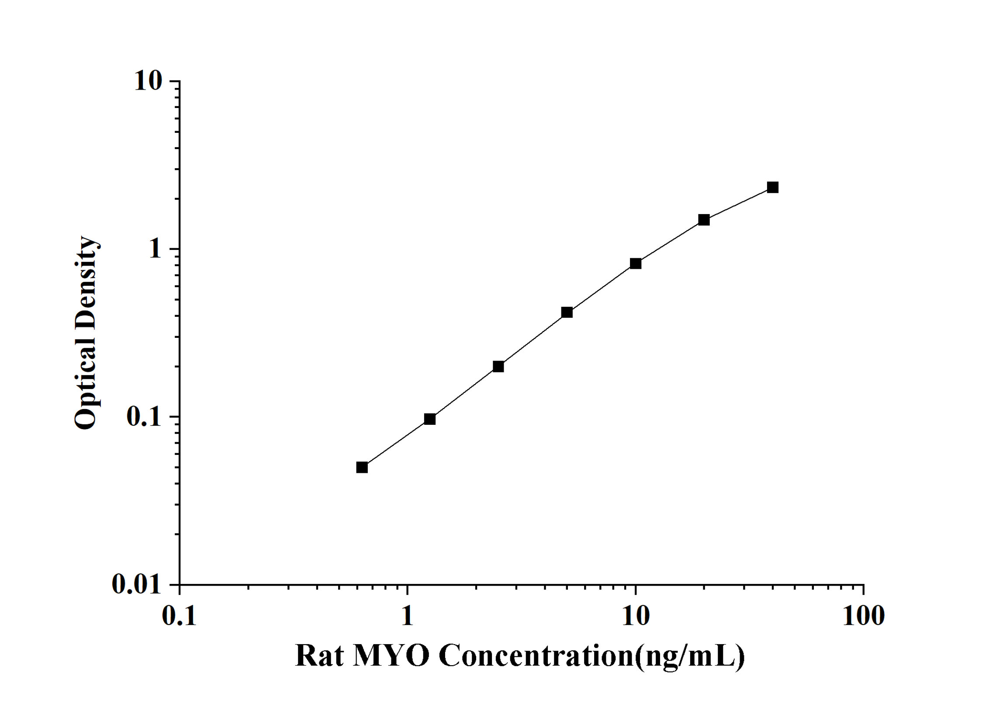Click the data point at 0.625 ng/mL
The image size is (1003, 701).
pos(362,468)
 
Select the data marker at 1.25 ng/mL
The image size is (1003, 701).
pos(430,419)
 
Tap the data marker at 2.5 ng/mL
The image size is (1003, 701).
pos(498,366)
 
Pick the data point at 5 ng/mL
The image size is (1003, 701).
pos(567,312)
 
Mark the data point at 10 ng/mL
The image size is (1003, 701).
pos(636,263)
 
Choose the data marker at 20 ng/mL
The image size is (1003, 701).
pos(704,220)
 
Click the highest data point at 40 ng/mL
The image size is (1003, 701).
pos(773,187)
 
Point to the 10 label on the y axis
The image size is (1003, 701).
pos(148,81)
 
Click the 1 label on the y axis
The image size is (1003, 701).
pos(155,250)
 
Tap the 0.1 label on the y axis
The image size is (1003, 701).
pos(144,417)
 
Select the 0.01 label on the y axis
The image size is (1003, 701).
pos(136,584)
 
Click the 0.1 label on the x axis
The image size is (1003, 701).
pos(179,616)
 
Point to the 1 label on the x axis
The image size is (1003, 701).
pos(407,616)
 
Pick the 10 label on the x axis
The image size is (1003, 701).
pos(636,616)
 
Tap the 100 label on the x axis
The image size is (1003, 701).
pos(863,616)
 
